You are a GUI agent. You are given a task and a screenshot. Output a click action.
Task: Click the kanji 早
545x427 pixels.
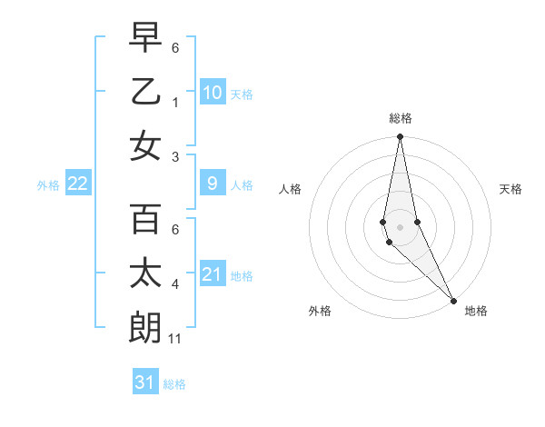pyautogui.click(x=146, y=39)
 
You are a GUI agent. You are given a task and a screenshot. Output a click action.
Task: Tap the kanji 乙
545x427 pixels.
pyautogui.click(x=146, y=91)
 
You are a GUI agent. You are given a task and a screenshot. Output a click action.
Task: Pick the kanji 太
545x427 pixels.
pyautogui.click(x=146, y=273)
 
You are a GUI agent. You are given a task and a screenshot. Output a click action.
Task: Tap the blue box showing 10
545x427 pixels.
pyautogui.click(x=212, y=93)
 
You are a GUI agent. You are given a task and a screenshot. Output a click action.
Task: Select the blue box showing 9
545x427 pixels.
pyautogui.click(x=212, y=184)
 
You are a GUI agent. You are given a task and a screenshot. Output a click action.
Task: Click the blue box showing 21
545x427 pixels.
pyautogui.click(x=212, y=274)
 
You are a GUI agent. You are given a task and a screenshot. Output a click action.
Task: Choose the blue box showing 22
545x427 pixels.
pyautogui.click(x=78, y=184)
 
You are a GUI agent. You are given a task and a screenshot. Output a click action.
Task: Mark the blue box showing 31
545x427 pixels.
pyautogui.click(x=145, y=382)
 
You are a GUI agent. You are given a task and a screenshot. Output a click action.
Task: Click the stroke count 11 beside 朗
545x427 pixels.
pyautogui.click(x=175, y=339)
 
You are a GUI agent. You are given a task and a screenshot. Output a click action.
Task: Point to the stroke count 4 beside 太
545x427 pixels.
pyautogui.click(x=174, y=285)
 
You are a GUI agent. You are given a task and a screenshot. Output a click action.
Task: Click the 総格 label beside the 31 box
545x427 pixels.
pyautogui.click(x=174, y=384)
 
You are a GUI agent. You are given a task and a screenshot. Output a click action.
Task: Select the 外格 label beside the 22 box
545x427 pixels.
pyautogui.click(x=48, y=184)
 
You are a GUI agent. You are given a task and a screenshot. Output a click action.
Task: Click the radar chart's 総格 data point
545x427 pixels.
pyautogui.click(x=400, y=137)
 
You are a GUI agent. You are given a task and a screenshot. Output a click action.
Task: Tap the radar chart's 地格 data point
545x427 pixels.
pyautogui.click(x=453, y=300)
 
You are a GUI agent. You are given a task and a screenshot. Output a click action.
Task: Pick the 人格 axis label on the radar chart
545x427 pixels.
pyautogui.click(x=291, y=189)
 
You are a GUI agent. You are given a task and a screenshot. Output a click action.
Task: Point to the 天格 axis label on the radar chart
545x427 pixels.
pyautogui.click(x=510, y=189)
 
